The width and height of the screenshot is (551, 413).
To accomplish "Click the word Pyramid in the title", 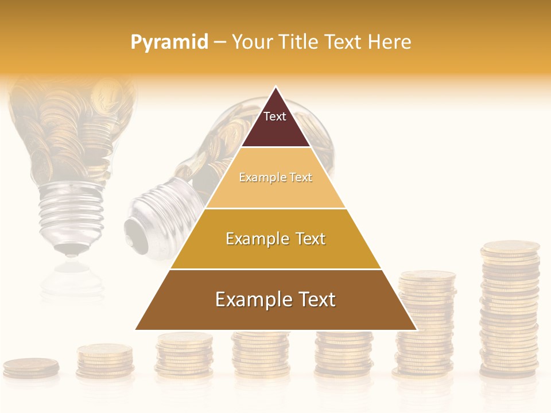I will pos(169,42).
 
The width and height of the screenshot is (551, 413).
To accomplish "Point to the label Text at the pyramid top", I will pos(275,116).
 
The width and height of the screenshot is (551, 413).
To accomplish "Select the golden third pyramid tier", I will pos(275,252).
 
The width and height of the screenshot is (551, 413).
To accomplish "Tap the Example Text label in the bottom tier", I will pos(275,299).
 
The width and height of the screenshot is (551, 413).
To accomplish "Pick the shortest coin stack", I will pos(31,368).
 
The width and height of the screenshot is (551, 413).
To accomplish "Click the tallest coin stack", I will pos(510,310).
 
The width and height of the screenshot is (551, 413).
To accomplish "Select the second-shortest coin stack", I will pos(105,360).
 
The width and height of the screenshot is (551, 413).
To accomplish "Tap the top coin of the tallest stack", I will pos(510,247).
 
